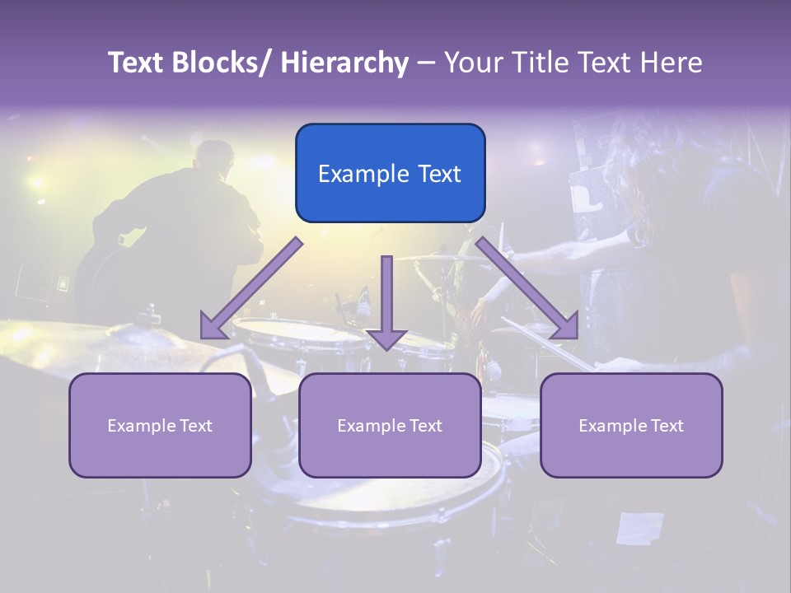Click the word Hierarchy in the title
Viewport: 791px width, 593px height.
pyautogui.click(x=344, y=63)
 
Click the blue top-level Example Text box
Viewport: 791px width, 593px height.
pyautogui.click(x=390, y=173)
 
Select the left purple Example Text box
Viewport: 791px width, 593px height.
pyautogui.click(x=160, y=425)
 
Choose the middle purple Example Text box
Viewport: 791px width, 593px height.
pyautogui.click(x=390, y=425)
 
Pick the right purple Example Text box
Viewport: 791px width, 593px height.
pyautogui.click(x=631, y=425)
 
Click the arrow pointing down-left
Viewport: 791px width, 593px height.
pyautogui.click(x=251, y=288)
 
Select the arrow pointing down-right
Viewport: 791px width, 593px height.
pyautogui.click(x=527, y=288)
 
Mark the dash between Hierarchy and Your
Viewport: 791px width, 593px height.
pyautogui.click(x=426, y=63)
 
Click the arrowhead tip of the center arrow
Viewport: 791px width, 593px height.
pyautogui.click(x=386, y=348)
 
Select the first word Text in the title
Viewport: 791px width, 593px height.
pyautogui.click(x=137, y=63)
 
